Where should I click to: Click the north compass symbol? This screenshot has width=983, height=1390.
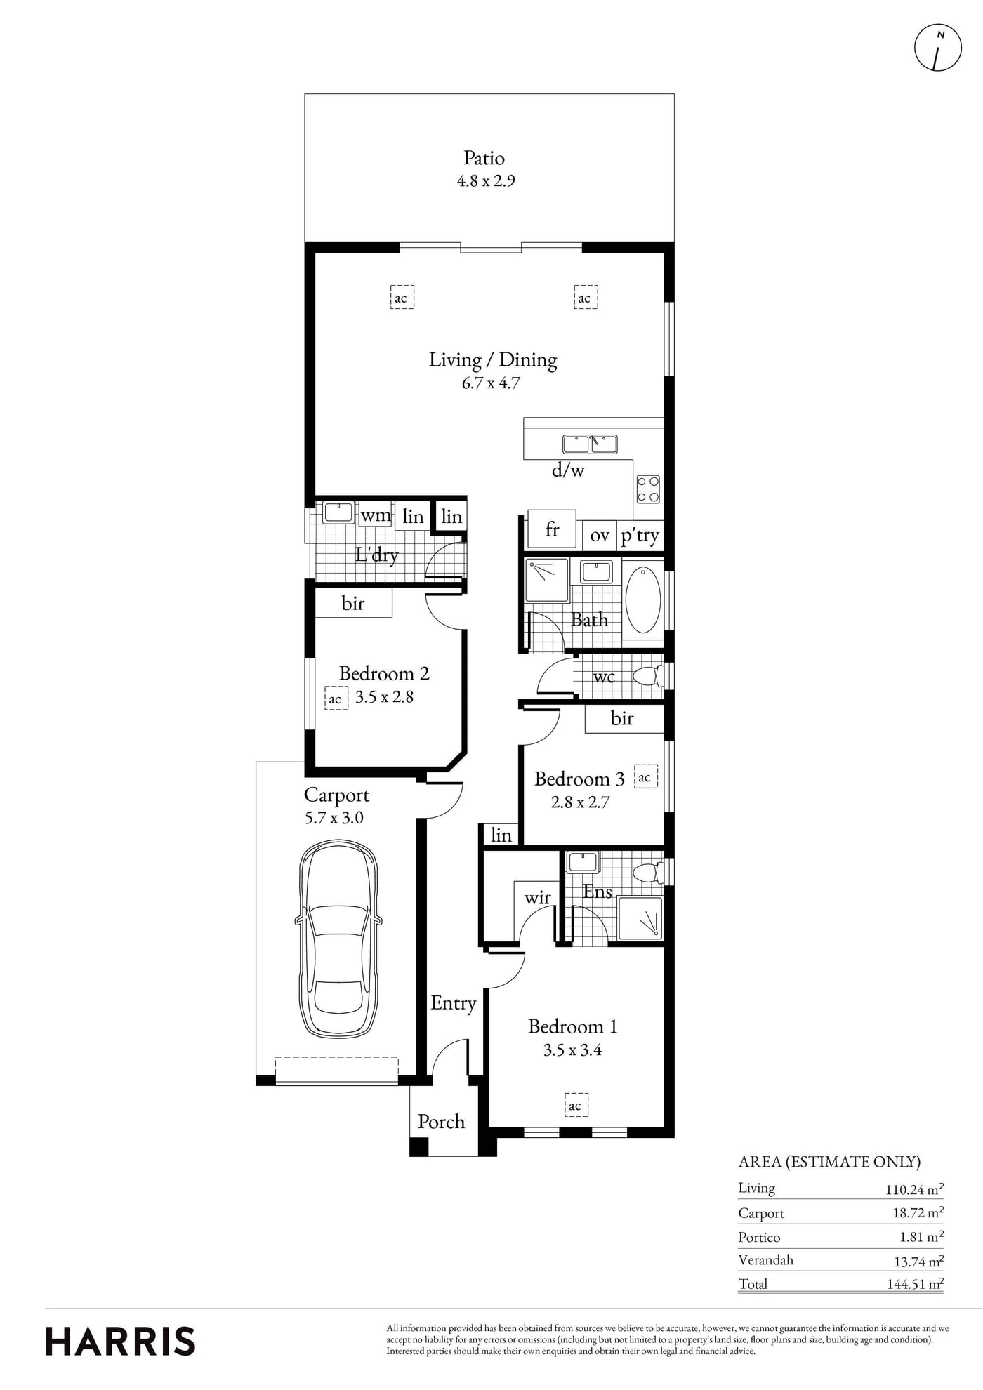(x=937, y=48)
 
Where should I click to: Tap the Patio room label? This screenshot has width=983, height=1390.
(x=484, y=158)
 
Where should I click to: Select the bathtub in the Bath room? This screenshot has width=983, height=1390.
(x=642, y=600)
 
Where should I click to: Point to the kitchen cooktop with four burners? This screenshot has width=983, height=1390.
(x=648, y=489)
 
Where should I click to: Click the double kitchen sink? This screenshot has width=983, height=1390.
(x=590, y=444)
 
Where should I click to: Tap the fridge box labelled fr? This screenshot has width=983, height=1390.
(x=552, y=529)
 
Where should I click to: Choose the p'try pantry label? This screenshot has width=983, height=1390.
(x=640, y=536)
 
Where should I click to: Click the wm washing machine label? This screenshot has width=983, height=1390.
(x=376, y=516)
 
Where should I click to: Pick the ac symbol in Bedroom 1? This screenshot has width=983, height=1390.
(x=575, y=1106)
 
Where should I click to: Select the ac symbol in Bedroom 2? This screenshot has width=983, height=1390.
(x=336, y=699)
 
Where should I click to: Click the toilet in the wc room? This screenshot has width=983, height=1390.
(x=648, y=677)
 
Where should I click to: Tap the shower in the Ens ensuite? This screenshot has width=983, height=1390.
(x=640, y=918)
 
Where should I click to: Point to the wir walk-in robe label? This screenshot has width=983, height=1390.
(x=537, y=898)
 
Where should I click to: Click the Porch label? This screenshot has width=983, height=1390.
(x=441, y=1122)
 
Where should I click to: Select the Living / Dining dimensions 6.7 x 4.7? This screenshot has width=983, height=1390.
(x=491, y=383)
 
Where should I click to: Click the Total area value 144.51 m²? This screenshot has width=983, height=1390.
(x=914, y=1284)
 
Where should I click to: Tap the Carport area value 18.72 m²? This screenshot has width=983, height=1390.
(x=916, y=1212)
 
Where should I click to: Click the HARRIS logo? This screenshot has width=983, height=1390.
(x=120, y=1341)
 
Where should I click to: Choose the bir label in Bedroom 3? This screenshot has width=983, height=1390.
(x=622, y=718)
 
